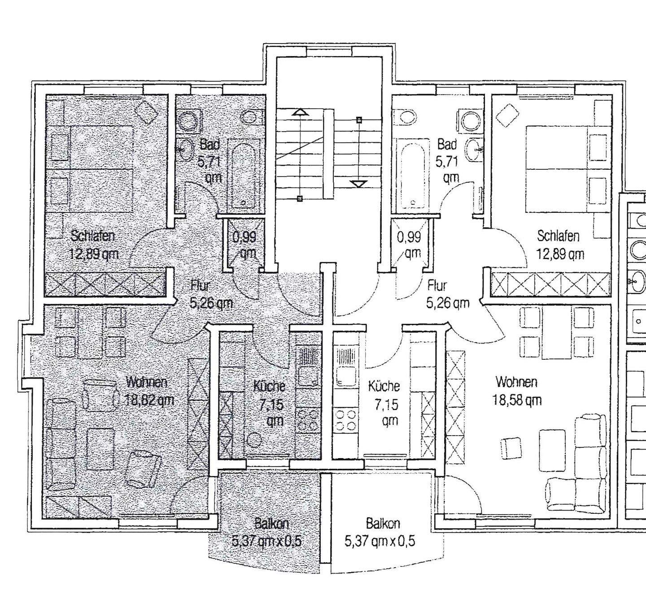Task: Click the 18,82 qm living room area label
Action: (149, 400)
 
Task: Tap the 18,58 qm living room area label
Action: (517, 400)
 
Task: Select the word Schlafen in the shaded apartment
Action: (93, 236)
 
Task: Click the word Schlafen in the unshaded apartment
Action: (558, 236)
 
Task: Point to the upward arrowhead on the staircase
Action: (300, 113)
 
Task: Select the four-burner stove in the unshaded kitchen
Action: (346, 420)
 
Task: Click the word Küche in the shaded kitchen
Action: (269, 386)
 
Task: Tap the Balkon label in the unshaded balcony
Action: (383, 524)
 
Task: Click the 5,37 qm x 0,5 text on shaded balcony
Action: (267, 542)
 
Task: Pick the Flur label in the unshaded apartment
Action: (437, 286)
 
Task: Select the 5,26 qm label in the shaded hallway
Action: (211, 304)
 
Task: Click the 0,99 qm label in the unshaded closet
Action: (409, 245)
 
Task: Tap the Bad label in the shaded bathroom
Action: (210, 144)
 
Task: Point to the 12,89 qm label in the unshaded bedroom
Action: (560, 254)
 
